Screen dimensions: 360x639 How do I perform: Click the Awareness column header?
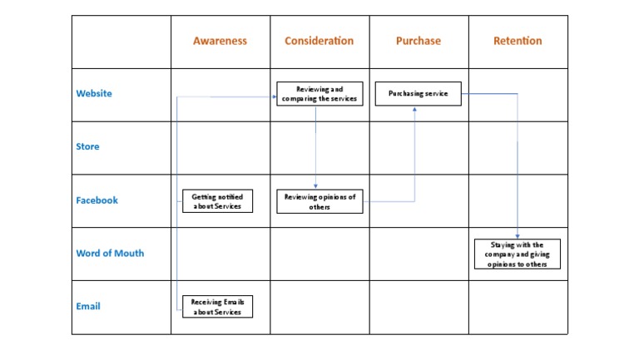(x=220, y=41)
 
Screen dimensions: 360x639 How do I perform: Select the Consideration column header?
(x=319, y=41)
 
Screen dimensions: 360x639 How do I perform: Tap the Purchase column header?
(x=419, y=41)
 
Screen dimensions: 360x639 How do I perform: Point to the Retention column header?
(x=518, y=41)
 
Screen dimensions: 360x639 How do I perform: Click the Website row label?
(x=94, y=94)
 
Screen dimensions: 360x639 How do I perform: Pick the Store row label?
(x=87, y=147)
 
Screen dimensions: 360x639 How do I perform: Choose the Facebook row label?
(x=97, y=200)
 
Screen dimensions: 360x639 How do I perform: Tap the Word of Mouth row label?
(x=110, y=254)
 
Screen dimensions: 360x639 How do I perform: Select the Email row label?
(x=88, y=307)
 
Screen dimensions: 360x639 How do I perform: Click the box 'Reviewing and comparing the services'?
(x=319, y=93)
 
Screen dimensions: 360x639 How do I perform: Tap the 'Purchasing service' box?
(x=418, y=93)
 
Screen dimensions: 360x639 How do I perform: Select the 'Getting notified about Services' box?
(x=217, y=201)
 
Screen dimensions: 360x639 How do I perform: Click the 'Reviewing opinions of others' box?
(x=319, y=201)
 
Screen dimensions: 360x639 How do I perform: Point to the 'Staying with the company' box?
(x=518, y=254)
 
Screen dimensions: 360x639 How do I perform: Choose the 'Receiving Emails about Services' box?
(x=216, y=307)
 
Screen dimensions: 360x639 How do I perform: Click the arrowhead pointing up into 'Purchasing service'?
(x=414, y=107)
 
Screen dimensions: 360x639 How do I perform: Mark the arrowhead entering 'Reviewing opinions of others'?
(x=315, y=186)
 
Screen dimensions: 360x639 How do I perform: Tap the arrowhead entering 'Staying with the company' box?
(x=518, y=236)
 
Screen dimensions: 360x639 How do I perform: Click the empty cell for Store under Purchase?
(x=419, y=147)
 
